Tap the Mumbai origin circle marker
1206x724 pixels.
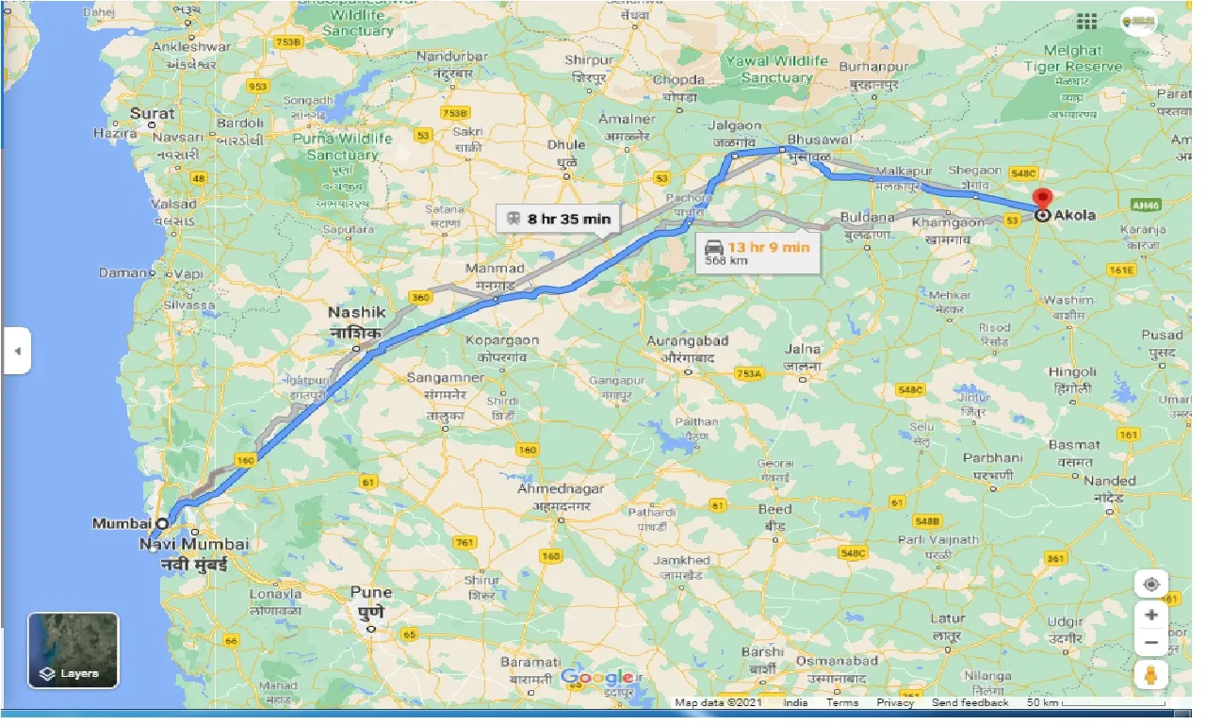coord(162,522)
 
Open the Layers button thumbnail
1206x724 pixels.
coord(73,650)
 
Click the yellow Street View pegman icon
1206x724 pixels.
coord(1151,675)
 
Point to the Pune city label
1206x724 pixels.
coord(370,593)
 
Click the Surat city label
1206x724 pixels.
coord(153,113)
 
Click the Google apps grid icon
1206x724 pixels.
coord(1086,21)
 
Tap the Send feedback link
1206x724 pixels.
coord(970,702)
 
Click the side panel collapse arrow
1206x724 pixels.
coord(16,352)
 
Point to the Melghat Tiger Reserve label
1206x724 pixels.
coord(1072,58)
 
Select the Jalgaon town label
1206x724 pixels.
coord(734,125)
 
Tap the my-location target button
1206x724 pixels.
coord(1151,584)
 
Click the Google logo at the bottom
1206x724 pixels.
coord(596,677)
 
